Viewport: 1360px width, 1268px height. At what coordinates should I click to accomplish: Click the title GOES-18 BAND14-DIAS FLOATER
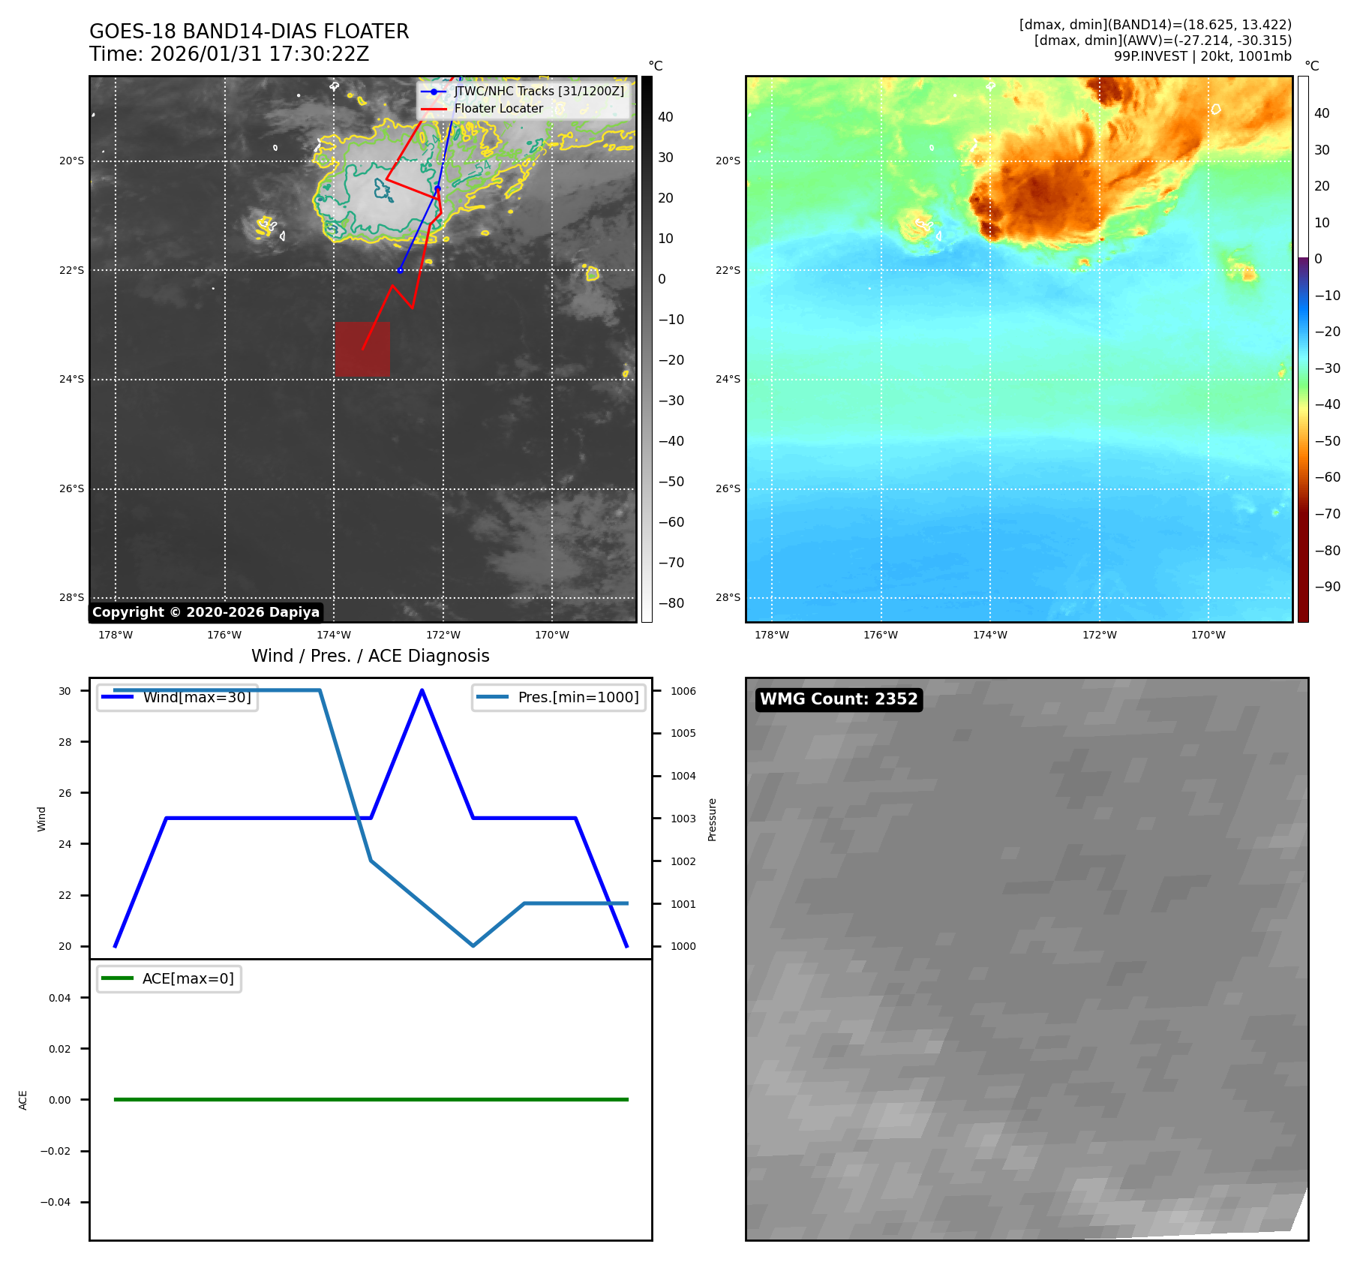tap(249, 32)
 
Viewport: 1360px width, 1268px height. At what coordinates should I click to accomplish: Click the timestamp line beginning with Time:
tap(229, 54)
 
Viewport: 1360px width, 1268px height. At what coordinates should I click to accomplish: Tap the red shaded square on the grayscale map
tap(362, 349)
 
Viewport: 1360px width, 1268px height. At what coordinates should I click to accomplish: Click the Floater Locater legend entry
tap(498, 108)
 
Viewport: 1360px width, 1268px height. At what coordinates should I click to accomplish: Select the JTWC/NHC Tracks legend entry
tap(539, 91)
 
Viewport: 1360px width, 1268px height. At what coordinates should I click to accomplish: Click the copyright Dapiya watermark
tap(206, 612)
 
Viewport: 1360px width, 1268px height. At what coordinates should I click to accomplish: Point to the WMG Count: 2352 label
tap(839, 699)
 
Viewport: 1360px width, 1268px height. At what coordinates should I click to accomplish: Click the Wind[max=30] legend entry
tap(197, 697)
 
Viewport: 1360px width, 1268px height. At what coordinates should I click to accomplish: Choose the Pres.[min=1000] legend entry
tap(578, 697)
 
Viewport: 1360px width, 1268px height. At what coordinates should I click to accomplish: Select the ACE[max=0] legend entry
tap(188, 978)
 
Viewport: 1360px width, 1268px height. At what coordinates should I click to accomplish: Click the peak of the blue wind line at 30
tap(422, 690)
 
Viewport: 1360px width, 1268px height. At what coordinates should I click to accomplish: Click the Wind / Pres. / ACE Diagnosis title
tap(371, 656)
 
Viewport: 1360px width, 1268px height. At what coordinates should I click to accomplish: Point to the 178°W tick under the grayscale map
tap(116, 635)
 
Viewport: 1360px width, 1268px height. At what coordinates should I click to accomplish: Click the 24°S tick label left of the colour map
tap(728, 379)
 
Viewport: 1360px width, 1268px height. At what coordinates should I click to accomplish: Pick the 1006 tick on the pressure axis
tap(683, 691)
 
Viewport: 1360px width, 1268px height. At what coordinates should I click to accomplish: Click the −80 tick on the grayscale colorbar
tap(671, 603)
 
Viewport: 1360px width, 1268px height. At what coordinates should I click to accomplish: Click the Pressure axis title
tap(712, 819)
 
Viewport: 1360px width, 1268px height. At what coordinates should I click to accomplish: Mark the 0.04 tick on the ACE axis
tap(60, 998)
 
